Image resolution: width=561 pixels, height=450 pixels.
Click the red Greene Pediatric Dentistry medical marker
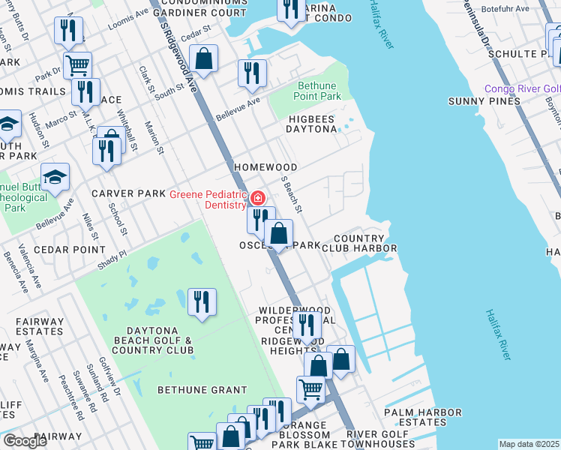(257, 198)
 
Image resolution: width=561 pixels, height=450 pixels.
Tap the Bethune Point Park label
(319, 91)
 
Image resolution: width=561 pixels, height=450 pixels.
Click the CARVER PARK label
(127, 193)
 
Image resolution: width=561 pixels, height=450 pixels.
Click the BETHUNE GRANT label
(202, 390)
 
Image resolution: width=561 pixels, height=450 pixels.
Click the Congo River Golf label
(522, 89)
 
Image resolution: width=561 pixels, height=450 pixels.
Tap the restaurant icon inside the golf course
(202, 301)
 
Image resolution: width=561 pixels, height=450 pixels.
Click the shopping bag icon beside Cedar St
(203, 58)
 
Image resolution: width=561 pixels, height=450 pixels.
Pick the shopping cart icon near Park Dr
(77, 65)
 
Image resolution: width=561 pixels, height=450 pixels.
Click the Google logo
(25, 441)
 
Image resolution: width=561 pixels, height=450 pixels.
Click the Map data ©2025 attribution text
(529, 444)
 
